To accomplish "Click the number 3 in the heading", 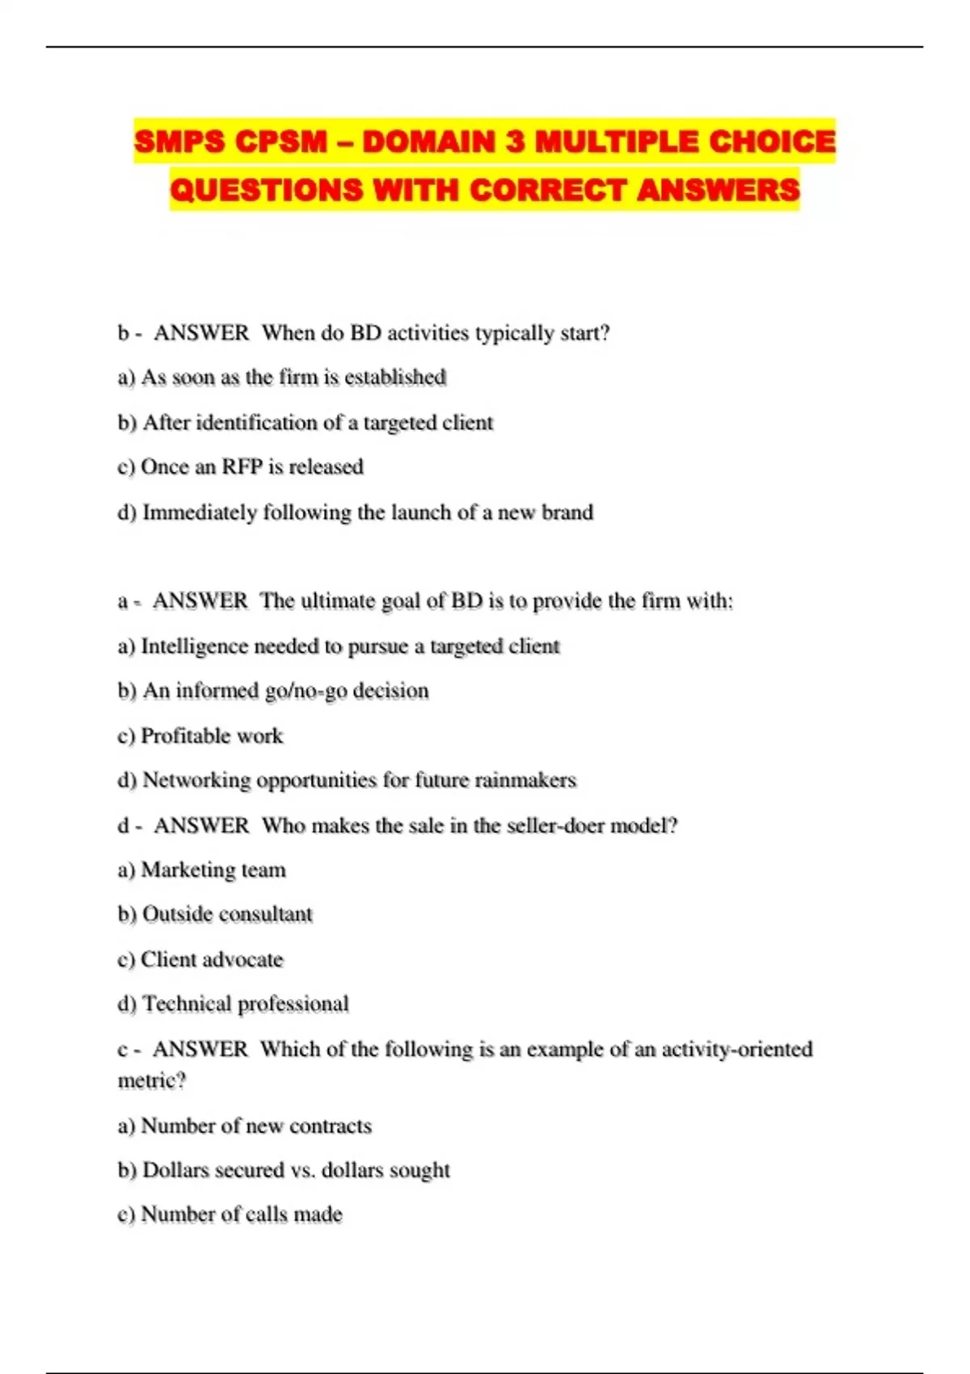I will pos(514,142).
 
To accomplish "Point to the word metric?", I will pos(152,1081).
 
